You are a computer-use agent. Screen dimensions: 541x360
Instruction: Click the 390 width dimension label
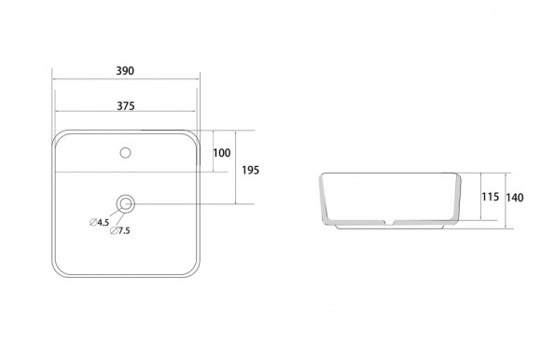click(x=125, y=71)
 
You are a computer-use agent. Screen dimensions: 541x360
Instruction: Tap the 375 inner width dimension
click(x=126, y=106)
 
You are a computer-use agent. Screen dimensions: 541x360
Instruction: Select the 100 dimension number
click(x=221, y=153)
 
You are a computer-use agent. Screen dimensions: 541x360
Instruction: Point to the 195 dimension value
click(x=251, y=170)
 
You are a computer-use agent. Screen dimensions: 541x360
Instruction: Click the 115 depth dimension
click(x=491, y=197)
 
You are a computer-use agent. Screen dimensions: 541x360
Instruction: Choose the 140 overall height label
click(x=515, y=198)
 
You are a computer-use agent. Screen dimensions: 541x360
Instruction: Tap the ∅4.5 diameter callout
click(x=100, y=222)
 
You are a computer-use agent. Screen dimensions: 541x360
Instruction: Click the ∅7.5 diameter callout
click(x=120, y=230)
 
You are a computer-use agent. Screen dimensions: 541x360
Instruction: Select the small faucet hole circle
click(x=125, y=153)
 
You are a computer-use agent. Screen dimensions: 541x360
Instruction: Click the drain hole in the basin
click(x=126, y=204)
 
